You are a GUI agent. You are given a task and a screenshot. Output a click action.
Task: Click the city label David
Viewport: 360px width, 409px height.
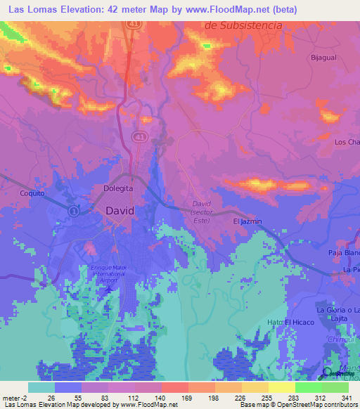[x=120, y=210]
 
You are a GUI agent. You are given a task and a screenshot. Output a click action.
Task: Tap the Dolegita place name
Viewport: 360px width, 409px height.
[x=119, y=188]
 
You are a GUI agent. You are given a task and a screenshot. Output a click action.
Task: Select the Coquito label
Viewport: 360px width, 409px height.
[x=32, y=193]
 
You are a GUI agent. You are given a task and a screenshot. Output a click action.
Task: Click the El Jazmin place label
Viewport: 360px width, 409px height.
[x=247, y=221]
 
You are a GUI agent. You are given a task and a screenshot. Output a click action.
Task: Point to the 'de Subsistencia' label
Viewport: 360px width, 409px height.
[x=243, y=25]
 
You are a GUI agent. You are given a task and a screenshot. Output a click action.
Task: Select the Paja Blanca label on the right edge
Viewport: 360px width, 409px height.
[x=344, y=253]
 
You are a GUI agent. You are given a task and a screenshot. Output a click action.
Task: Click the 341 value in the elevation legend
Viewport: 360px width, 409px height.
[x=346, y=398]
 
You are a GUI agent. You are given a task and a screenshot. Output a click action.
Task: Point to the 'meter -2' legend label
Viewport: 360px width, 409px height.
[x=14, y=398]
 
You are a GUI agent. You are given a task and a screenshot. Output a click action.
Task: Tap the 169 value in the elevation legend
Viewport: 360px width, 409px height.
[x=187, y=398]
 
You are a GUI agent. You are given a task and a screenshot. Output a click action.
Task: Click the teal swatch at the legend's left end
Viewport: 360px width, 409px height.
[x=41, y=387]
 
